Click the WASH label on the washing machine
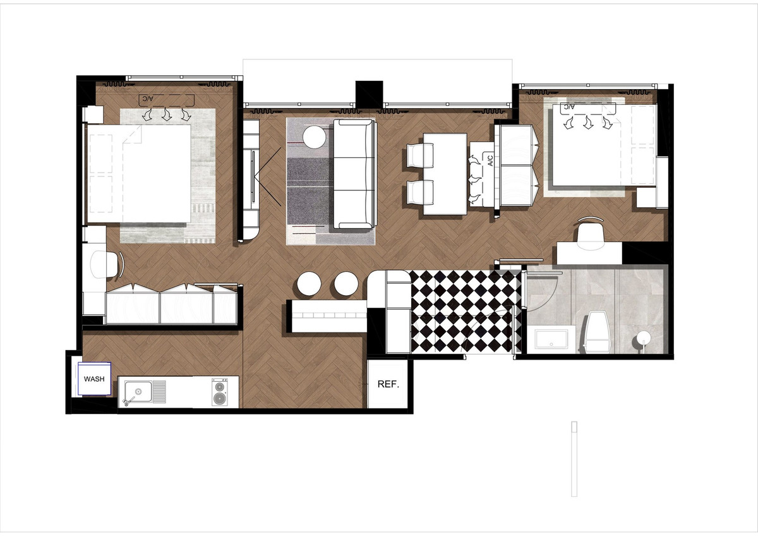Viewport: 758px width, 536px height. coord(94,379)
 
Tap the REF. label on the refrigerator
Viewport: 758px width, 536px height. coord(388,384)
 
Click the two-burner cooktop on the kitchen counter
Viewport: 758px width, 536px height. coord(219,392)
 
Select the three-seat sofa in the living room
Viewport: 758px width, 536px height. coord(354,174)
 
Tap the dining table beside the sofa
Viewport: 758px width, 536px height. coord(445,174)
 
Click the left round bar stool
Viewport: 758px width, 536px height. coord(310,284)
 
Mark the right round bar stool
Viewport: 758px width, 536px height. coord(346,284)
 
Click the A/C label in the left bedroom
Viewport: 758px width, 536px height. coord(147,99)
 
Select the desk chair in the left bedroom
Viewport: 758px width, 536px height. coord(105,264)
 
